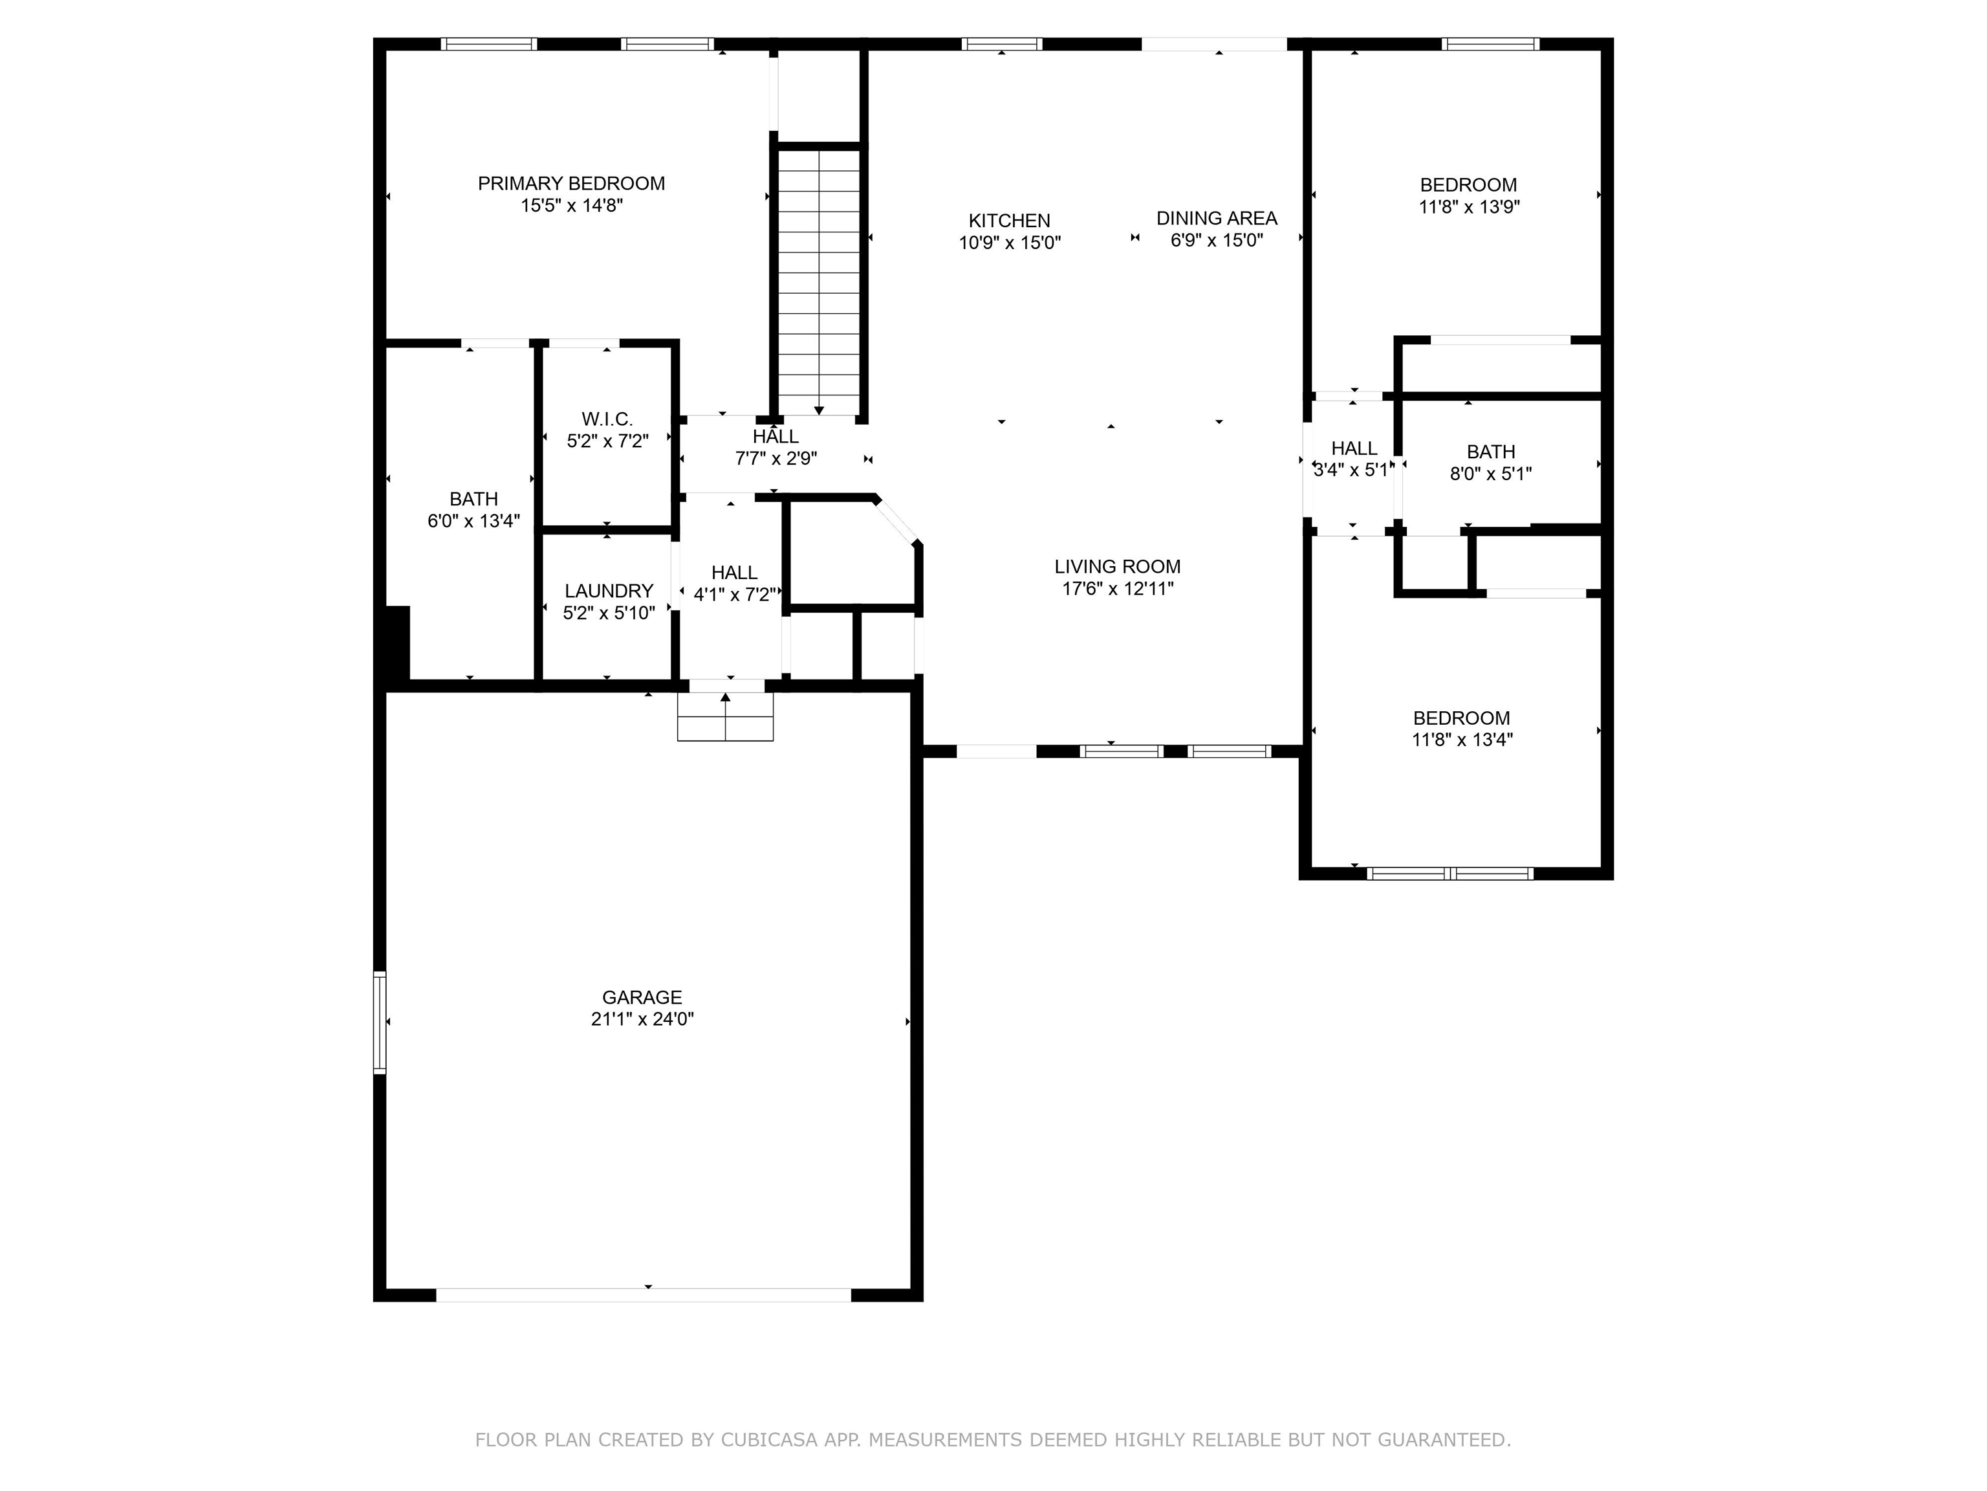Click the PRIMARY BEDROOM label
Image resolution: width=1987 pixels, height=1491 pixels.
point(571,183)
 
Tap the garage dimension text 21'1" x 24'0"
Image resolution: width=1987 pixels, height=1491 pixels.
point(642,1019)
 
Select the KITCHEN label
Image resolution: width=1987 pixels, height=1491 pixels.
point(1010,220)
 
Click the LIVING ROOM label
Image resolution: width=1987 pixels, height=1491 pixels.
point(1118,566)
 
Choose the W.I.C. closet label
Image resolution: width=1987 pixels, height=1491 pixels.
point(607,419)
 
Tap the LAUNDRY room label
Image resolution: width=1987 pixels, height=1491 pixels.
point(609,590)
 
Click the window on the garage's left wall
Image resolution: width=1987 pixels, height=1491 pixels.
point(380,1022)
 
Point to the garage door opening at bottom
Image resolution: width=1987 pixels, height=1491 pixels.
point(643,1295)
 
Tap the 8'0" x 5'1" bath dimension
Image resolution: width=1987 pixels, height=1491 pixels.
point(1491,474)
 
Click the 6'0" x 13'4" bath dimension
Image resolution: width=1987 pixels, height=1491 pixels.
point(473,521)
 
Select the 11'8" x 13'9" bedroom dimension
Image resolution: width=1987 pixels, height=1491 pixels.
point(1470,206)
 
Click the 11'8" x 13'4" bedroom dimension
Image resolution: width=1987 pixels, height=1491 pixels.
point(1462,740)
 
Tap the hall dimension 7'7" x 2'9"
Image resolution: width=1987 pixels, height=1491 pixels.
point(776,458)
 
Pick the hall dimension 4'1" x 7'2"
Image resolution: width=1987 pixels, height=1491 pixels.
point(735,594)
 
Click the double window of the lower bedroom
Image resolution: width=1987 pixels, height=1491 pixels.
point(1450,873)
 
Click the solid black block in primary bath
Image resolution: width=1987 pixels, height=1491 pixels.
point(397,643)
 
